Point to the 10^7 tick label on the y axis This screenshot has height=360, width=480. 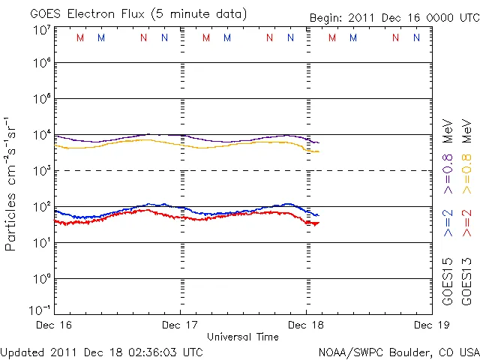click(x=41, y=28)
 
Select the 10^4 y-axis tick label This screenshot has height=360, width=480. click(x=41, y=135)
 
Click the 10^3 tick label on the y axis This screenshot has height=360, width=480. click(x=41, y=171)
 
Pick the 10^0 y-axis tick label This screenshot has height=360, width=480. click(x=41, y=278)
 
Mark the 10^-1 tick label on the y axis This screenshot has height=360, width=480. click(x=40, y=310)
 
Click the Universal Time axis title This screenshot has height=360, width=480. click(x=242, y=337)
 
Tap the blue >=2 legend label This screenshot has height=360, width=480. click(x=448, y=223)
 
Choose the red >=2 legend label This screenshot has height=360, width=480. click(x=466, y=223)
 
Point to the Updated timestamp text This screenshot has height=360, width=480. click(x=102, y=351)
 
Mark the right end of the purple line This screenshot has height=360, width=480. click(x=319, y=142)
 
